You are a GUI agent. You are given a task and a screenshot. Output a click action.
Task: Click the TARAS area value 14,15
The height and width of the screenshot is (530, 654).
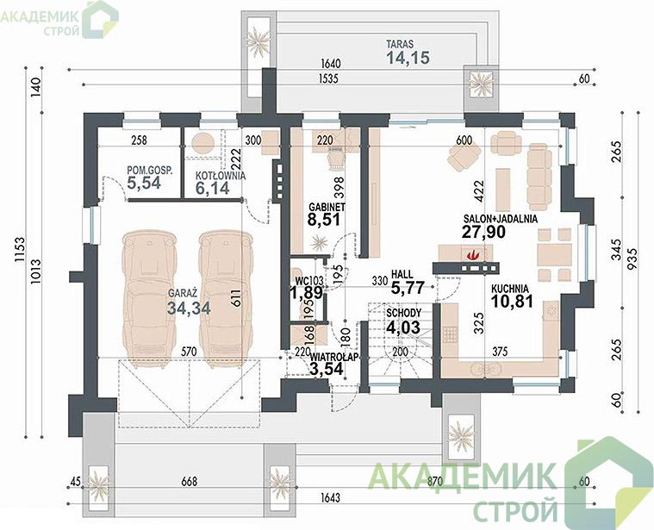(408, 57)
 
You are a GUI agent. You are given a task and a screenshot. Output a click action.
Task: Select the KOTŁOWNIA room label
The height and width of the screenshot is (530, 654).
(221, 176)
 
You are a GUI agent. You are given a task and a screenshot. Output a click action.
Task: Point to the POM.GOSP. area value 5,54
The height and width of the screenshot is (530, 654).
(144, 183)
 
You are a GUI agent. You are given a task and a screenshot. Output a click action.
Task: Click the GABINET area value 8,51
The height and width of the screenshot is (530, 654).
(324, 219)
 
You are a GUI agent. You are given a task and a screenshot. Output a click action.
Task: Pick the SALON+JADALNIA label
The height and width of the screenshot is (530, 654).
(501, 219)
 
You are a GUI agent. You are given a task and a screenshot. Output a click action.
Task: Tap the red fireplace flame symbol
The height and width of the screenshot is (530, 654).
(472, 254)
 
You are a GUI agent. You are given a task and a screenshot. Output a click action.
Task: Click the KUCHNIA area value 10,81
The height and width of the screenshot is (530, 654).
(512, 301)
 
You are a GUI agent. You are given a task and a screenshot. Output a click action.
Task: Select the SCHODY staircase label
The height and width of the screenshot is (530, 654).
(404, 313)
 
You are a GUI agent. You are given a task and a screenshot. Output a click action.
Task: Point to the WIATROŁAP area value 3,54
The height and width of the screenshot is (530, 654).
(327, 369)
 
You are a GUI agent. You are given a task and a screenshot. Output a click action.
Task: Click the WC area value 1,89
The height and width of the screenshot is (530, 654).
(307, 293)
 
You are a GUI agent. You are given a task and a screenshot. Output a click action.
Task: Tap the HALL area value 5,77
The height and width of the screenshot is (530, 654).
(408, 287)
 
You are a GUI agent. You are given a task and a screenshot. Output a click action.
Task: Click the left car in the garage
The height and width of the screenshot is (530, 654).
(149, 301)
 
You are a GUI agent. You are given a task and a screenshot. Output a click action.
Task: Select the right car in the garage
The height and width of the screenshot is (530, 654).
(225, 301)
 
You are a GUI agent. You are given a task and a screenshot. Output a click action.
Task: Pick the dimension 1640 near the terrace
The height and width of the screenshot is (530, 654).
(331, 64)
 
